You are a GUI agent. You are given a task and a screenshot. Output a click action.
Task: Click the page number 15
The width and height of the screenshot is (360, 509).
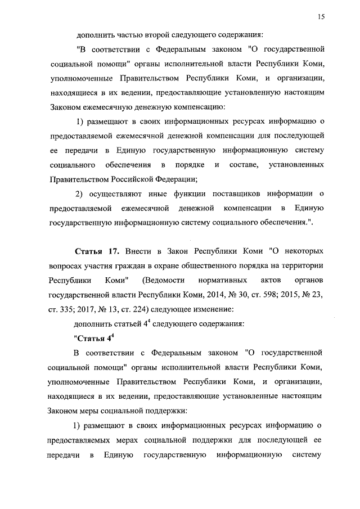(x=322, y=17)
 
